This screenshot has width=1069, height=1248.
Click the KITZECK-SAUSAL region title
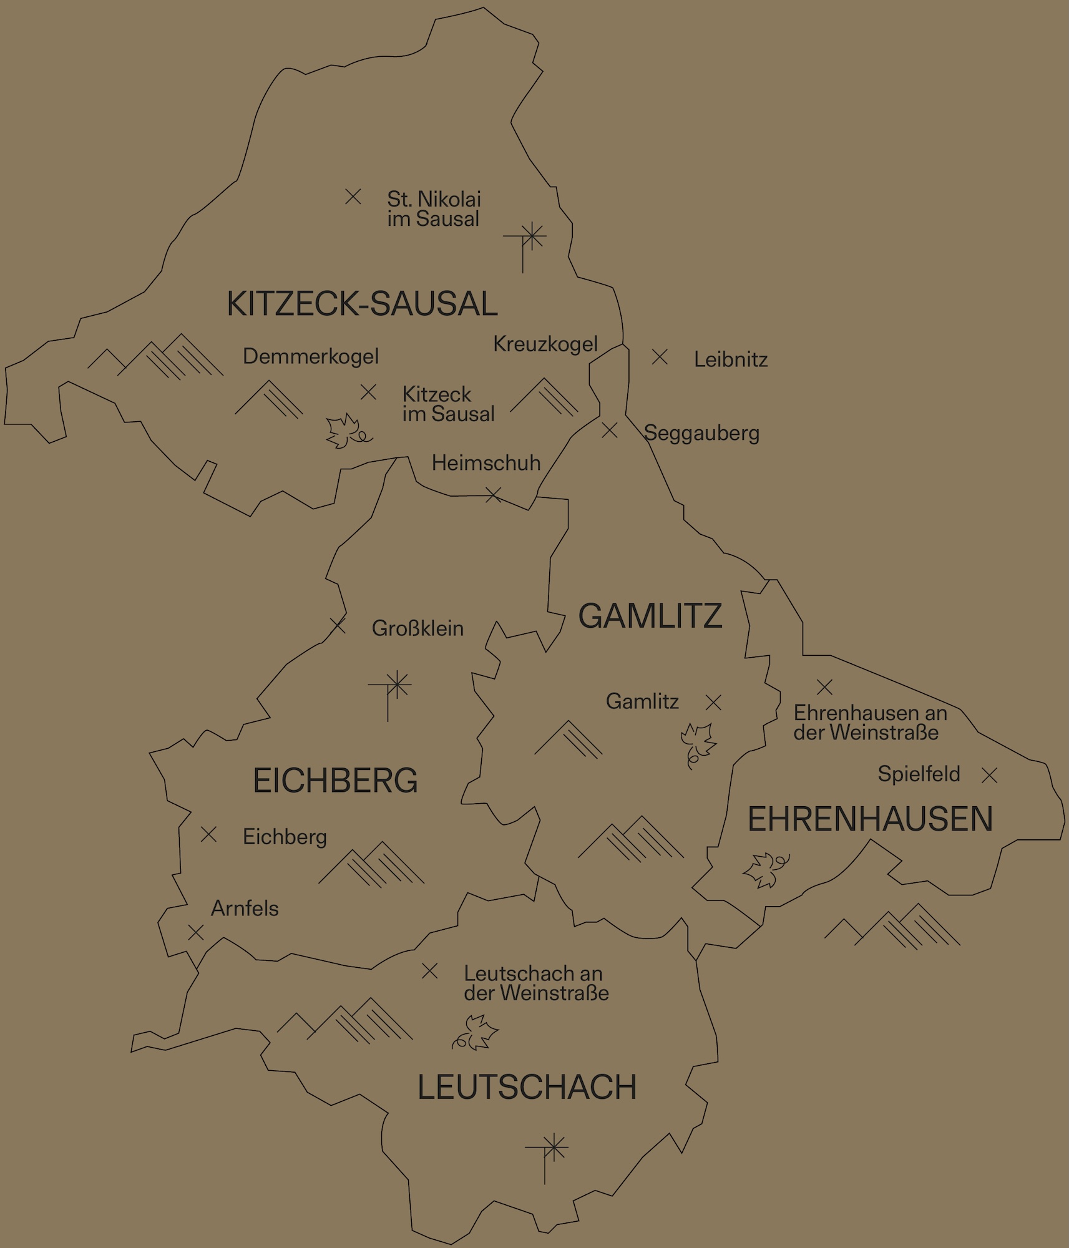[x=362, y=304]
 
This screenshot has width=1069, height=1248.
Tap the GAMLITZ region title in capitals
[x=650, y=617]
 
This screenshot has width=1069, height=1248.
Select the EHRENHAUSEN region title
[x=870, y=819]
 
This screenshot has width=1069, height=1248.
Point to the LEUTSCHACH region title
[x=527, y=1087]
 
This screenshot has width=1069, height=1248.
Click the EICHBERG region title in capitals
[x=335, y=781]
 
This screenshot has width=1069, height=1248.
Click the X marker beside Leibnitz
[x=660, y=357]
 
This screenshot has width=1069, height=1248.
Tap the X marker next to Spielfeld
[x=989, y=775]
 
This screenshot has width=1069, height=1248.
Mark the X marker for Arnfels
[x=196, y=932]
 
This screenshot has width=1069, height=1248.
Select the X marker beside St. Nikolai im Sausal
[x=353, y=197]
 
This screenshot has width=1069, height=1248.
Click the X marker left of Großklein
[x=338, y=625]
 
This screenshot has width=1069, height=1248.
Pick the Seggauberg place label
[x=701, y=432]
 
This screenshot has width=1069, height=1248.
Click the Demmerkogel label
[x=311, y=356]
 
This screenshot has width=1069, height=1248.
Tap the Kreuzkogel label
[x=545, y=344]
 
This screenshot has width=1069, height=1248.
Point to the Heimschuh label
[x=486, y=463]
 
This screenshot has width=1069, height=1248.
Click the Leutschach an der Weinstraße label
[x=535, y=983]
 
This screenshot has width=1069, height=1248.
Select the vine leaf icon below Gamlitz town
[x=697, y=744]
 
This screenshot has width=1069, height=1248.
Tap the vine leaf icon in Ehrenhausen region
[x=765, y=869]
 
